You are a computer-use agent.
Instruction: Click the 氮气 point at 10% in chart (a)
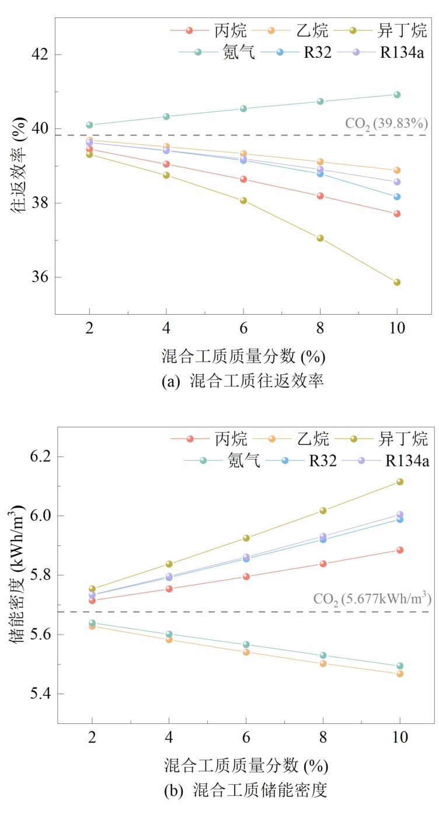[397, 95]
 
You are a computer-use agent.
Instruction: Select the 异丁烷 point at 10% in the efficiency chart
[397, 282]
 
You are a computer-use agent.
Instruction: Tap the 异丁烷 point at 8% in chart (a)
[320, 238]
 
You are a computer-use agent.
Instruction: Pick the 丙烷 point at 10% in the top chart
[397, 214]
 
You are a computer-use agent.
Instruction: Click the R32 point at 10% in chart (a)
[397, 197]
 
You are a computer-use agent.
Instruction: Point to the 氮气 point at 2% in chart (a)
[89, 125]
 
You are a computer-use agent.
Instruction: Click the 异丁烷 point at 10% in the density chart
[400, 482]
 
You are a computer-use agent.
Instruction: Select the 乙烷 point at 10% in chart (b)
[400, 674]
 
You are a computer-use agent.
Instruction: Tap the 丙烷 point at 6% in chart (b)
[246, 576]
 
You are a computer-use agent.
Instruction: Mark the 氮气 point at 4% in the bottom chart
[169, 634]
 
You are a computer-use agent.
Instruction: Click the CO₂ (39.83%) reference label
[387, 124]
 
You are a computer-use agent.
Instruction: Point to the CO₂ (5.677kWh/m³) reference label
[372, 599]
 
